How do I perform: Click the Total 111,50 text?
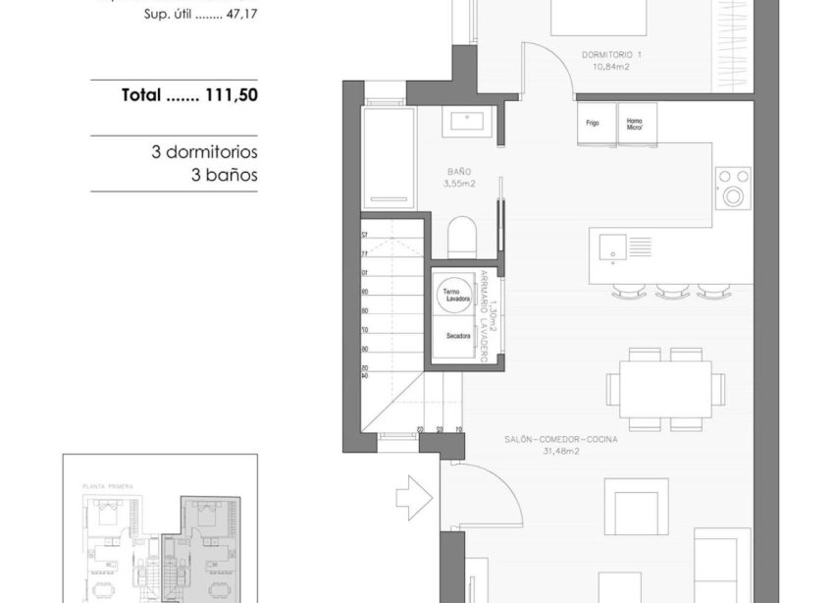click(189, 96)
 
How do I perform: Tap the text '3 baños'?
click(224, 176)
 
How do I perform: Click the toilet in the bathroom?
click(461, 238)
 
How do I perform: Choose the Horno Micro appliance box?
click(634, 124)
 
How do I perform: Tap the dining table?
click(658, 389)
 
